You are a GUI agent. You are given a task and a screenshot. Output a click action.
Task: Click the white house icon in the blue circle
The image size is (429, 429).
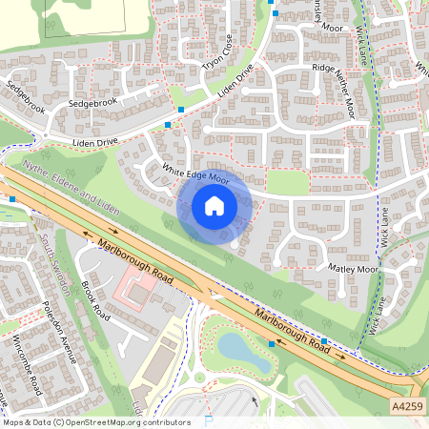[214, 205]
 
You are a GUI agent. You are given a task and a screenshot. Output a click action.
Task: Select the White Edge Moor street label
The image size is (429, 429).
[196, 174]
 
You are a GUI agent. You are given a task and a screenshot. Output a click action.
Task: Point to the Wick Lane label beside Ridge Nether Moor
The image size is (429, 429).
[361, 43]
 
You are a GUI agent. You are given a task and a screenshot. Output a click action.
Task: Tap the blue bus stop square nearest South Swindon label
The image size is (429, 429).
[12, 198]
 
